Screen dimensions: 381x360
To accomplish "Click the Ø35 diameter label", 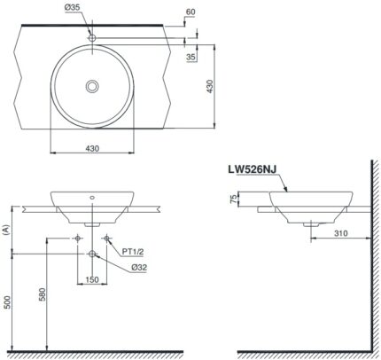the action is point(72,8).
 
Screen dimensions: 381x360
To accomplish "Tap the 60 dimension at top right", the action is point(190,12).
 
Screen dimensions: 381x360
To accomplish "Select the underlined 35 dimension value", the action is point(191,57).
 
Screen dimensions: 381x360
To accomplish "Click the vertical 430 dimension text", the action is point(209,86).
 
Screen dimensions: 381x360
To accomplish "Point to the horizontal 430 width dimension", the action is point(92,148).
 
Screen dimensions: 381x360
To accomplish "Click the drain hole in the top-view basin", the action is point(92,86).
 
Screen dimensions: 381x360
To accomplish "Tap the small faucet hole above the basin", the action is point(92,38).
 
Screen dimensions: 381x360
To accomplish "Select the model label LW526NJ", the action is point(253,169).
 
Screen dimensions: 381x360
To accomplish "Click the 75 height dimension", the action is point(233,200).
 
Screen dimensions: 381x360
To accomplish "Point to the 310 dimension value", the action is point(341,233).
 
